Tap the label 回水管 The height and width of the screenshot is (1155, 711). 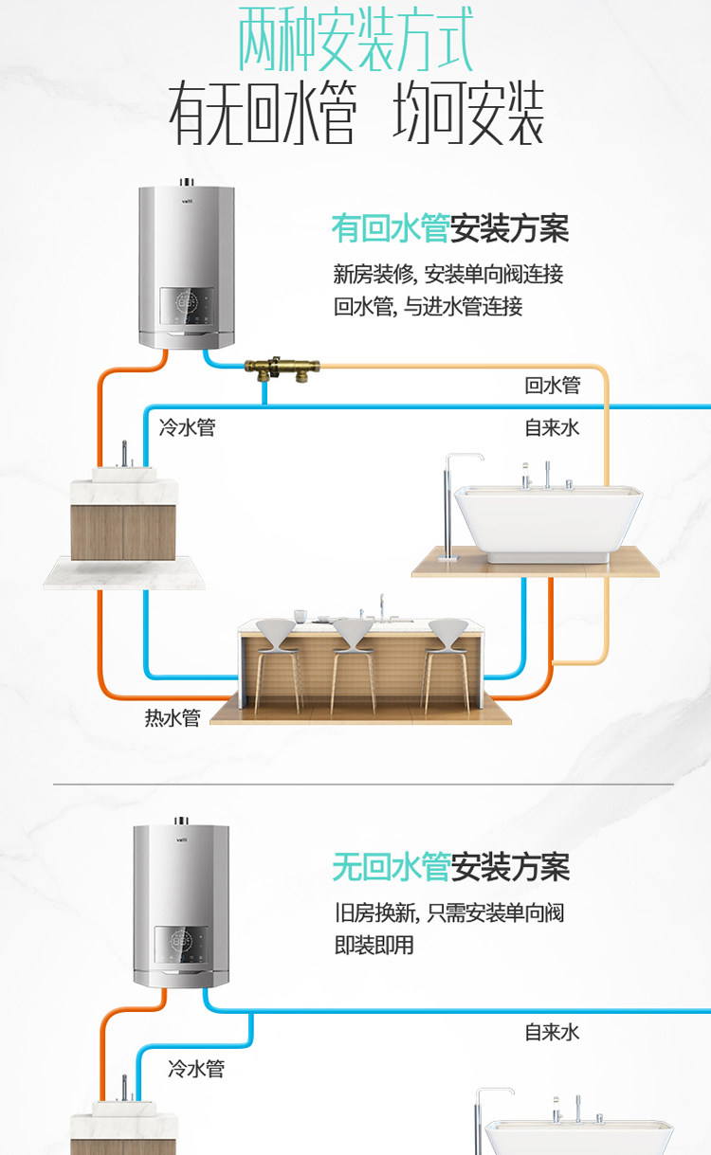click(552, 386)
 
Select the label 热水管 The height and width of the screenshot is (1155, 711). click(173, 717)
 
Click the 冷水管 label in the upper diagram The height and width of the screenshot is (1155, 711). click(188, 427)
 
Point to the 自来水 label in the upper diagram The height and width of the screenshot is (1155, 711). click(552, 427)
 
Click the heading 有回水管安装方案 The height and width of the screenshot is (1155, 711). click(449, 228)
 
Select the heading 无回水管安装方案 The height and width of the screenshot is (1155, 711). click(450, 866)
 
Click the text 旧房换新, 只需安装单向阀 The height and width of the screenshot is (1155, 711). click(449, 913)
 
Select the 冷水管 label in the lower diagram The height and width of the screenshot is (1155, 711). click(196, 1069)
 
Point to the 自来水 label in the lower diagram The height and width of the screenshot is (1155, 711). click(552, 1032)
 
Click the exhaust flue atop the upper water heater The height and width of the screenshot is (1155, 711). click(186, 184)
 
